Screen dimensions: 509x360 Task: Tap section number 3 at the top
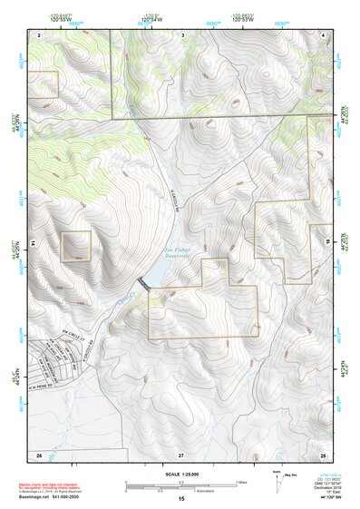coord(183,34)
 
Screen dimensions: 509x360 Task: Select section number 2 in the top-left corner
coord(39,34)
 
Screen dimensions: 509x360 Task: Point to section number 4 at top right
coord(324,34)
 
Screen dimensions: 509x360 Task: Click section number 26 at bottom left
coord(39,453)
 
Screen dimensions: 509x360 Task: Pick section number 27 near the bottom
coord(180,453)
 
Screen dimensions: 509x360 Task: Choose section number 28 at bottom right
coord(323,453)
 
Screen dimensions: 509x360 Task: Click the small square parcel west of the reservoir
coord(76,246)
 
